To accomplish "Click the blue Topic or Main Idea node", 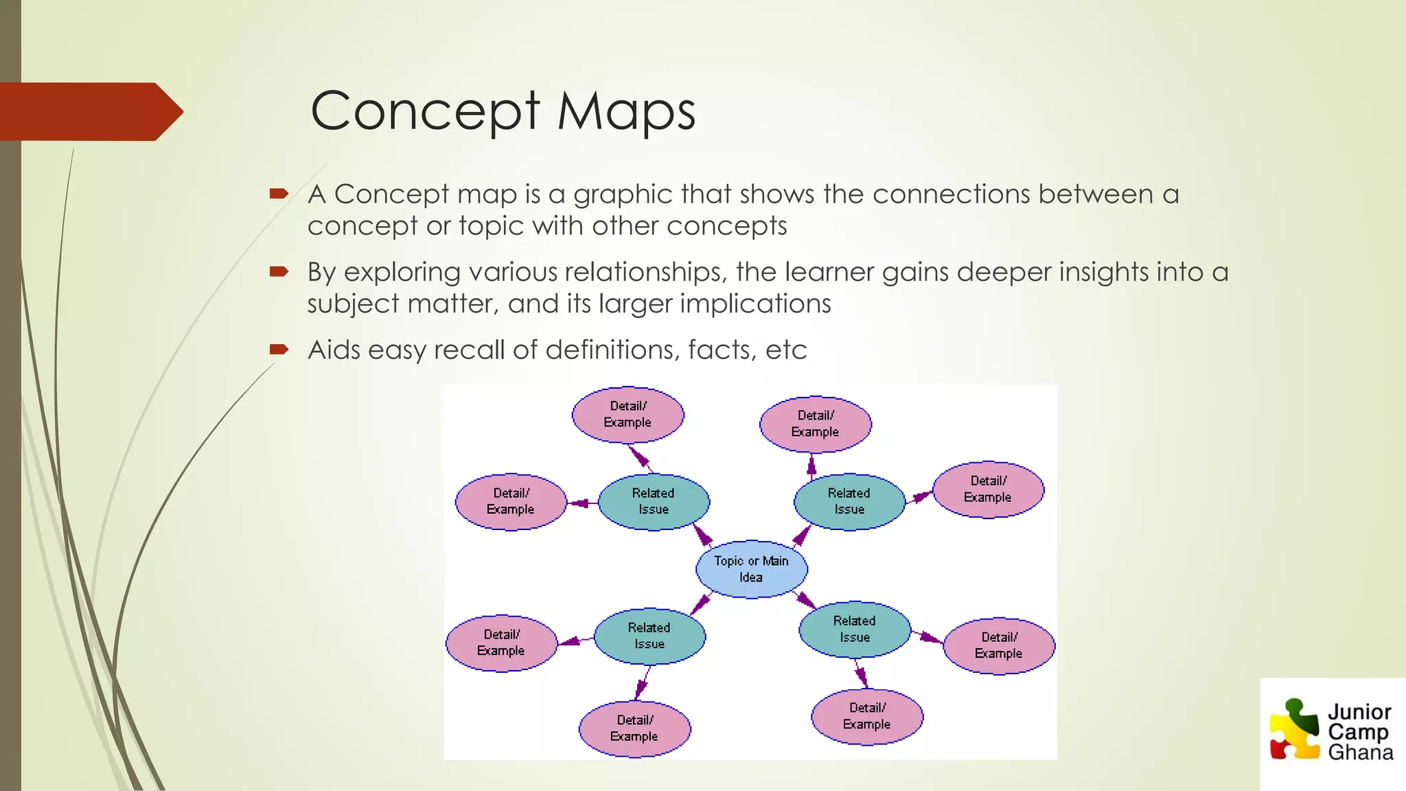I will point(751,569).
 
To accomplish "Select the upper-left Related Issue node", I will point(654,501).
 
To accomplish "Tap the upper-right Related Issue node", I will point(849,501).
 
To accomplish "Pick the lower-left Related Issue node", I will point(649,636).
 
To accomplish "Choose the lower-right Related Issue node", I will point(855,629).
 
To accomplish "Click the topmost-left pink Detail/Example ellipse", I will point(627,414).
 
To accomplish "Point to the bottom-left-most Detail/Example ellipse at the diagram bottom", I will point(634,729).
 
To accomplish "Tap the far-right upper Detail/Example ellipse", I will point(988,489).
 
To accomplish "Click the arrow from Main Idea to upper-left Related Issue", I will point(703,535).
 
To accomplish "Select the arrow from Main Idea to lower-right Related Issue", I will point(805,601).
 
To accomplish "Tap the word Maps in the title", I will point(626,111).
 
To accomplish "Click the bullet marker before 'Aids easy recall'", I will point(279,349).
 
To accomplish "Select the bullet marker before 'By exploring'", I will point(279,272).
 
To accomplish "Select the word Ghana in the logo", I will point(1360,753).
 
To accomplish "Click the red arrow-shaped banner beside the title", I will point(89,111).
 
